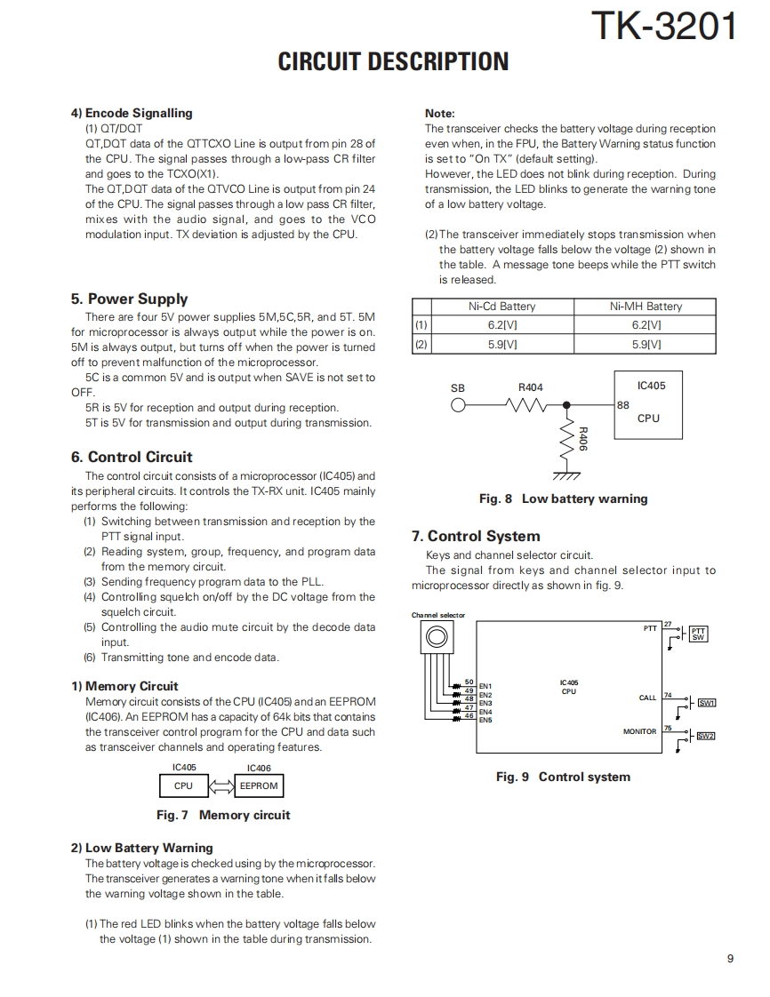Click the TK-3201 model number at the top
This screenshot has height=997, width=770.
[x=663, y=26]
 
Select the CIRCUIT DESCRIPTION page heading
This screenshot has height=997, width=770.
[x=393, y=61]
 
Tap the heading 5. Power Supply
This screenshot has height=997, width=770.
[x=129, y=299]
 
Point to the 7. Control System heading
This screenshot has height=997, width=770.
[x=476, y=536]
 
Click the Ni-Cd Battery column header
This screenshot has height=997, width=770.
[x=501, y=307]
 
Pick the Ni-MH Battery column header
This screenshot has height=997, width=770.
[x=646, y=307]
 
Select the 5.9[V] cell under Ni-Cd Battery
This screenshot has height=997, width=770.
[x=501, y=344]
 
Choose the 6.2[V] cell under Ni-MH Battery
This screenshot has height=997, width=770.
[x=646, y=325]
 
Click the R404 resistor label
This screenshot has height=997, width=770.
[x=530, y=387]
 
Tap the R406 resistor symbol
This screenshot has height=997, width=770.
[x=566, y=438]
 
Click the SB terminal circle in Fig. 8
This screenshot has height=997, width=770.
[x=458, y=405]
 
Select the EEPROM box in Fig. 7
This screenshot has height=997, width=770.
[x=259, y=786]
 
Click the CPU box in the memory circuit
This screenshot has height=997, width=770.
[x=183, y=786]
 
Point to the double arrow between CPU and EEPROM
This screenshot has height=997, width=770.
[x=221, y=786]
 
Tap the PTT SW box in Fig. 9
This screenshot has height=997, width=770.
[x=698, y=634]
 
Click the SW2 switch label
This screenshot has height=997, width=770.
[x=705, y=736]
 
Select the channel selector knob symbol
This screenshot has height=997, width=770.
[x=436, y=636]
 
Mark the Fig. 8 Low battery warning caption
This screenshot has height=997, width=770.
[x=563, y=498]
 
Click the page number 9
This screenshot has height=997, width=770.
[x=730, y=958]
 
